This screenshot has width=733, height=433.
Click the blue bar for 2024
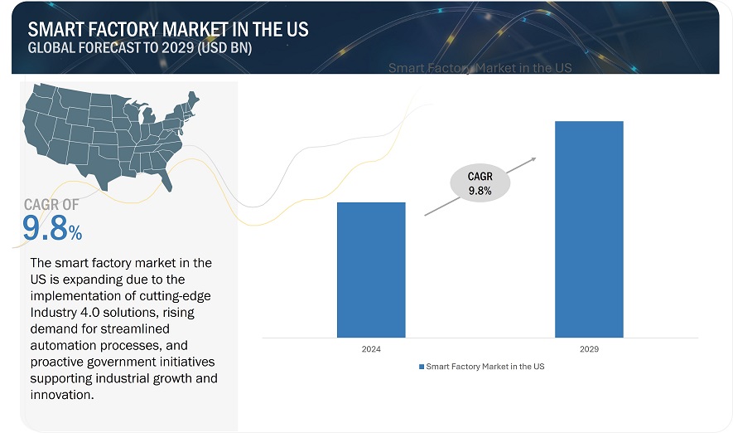(371, 270)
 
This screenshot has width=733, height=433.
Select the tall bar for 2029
(588, 229)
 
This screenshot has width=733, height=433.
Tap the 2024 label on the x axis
(371, 349)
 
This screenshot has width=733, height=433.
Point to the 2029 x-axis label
(588, 349)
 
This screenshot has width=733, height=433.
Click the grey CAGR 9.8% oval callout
(480, 183)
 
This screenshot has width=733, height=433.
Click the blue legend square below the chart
(421, 366)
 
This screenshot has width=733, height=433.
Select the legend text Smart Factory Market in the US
(485, 366)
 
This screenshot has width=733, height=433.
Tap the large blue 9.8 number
(46, 229)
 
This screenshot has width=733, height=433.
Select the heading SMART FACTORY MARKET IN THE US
(168, 29)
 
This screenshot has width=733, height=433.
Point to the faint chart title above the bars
(480, 68)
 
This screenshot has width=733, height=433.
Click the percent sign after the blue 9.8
(75, 233)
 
